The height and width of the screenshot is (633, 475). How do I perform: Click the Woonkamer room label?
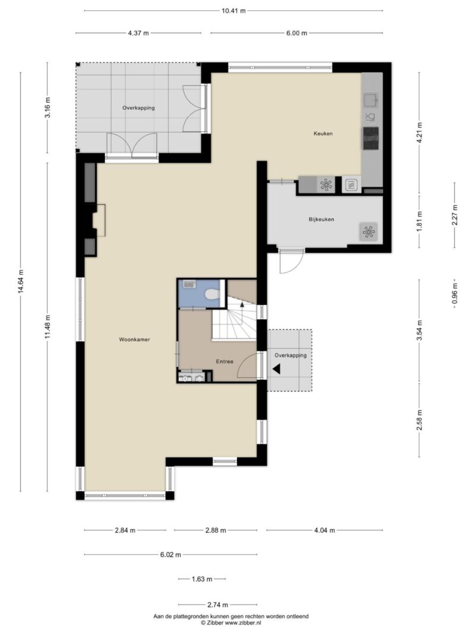[134, 339]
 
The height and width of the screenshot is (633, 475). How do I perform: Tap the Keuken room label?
[323, 133]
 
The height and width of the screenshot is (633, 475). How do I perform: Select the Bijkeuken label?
[321, 220]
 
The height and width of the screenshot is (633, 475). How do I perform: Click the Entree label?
[224, 362]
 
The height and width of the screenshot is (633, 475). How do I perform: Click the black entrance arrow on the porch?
[277, 369]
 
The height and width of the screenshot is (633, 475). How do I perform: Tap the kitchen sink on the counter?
[370, 100]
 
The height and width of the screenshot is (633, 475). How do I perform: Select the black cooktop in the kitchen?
[370, 138]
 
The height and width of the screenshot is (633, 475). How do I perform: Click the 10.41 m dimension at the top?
[233, 11]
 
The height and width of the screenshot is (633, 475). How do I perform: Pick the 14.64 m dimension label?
[21, 282]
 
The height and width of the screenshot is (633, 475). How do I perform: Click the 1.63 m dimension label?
[201, 579]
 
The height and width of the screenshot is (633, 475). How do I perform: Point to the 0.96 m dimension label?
[455, 294]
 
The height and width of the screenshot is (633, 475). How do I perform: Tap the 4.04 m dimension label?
[324, 530]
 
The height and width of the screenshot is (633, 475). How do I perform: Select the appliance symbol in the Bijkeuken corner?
[368, 232]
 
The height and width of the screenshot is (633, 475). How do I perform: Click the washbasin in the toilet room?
[189, 284]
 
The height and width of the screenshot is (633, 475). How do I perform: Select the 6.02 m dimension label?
[170, 555]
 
